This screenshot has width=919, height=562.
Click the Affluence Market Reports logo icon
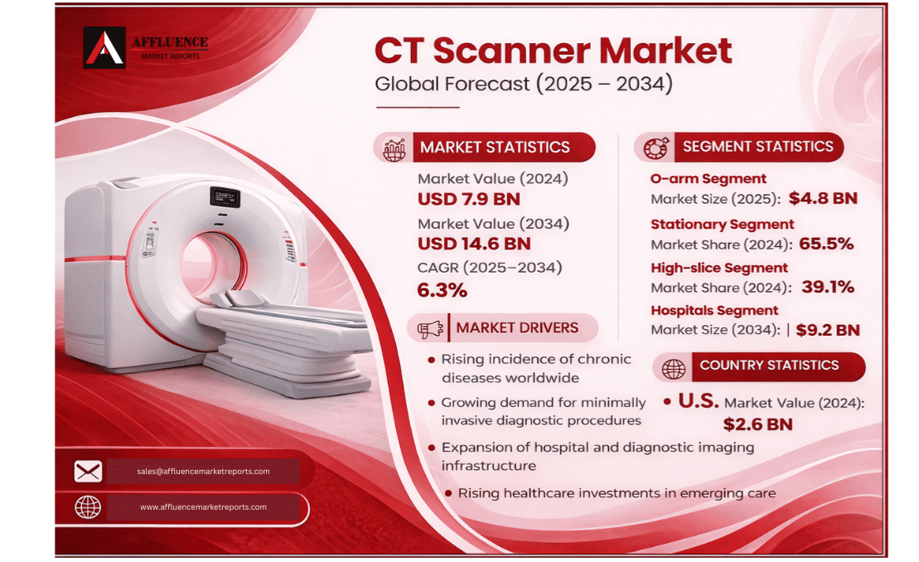(104, 47)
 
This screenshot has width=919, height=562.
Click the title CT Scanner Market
(553, 51)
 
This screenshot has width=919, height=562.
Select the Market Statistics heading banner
(495, 148)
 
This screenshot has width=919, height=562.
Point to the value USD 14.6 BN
(474, 244)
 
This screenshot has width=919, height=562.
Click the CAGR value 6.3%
(442, 289)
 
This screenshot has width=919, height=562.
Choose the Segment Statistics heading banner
(757, 147)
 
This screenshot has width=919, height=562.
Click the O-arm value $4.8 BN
(822, 199)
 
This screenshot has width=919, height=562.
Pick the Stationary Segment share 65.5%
(825, 244)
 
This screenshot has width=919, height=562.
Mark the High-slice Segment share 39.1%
(826, 288)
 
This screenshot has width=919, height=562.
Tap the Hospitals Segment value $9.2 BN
(827, 330)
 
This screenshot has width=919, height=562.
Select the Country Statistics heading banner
(768, 366)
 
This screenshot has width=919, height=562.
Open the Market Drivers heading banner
(516, 328)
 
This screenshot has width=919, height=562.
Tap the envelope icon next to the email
(88, 472)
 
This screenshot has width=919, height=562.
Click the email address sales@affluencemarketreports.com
(203, 472)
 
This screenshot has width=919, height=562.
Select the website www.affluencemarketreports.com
(203, 507)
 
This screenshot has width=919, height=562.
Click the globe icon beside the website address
(88, 507)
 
